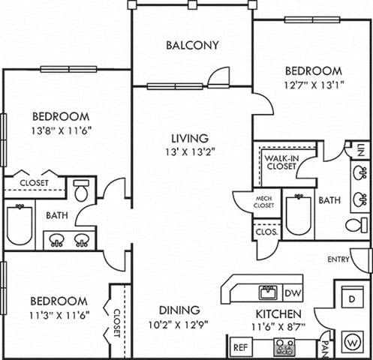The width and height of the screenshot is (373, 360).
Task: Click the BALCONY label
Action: pyautogui.click(x=192, y=45)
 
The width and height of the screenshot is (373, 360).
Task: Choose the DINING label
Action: pyautogui.click(x=179, y=310)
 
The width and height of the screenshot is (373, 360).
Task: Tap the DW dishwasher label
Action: pyautogui.click(x=293, y=293)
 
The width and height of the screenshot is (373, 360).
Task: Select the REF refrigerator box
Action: pyautogui.click(x=240, y=348)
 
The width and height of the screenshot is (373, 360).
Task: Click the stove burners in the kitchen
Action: pyautogui.click(x=284, y=346)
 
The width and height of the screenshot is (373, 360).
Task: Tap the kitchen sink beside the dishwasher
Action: pyautogui.click(x=266, y=291)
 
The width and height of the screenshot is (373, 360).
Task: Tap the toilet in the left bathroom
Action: pyautogui.click(x=82, y=192)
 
